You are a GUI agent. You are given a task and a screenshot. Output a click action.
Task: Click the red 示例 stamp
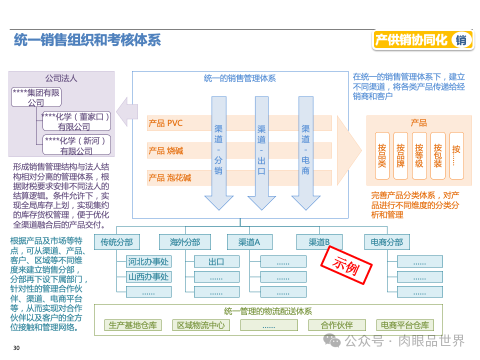(346, 267)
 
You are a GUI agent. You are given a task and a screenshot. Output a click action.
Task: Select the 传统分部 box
(117, 242)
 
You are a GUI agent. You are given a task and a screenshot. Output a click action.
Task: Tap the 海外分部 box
(185, 242)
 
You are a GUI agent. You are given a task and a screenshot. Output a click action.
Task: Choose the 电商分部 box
(387, 242)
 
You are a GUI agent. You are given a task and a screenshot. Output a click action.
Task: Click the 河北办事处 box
(148, 261)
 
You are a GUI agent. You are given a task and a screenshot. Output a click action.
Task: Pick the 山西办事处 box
(148, 276)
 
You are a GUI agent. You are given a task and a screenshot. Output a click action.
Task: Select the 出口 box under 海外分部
(216, 261)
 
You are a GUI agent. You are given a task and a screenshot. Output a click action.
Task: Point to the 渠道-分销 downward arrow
(218, 150)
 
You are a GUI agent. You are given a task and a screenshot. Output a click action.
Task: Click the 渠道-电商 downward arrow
(305, 150)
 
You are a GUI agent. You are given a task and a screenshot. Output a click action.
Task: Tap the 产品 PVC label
(165, 123)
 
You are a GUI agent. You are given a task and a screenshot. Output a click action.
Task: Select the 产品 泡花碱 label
(169, 177)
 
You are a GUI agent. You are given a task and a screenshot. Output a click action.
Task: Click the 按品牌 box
(400, 155)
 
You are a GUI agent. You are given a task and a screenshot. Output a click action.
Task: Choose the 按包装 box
(437, 155)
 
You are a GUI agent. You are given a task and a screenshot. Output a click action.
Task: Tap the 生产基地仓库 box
(133, 325)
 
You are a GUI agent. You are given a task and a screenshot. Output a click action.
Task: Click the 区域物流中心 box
(201, 325)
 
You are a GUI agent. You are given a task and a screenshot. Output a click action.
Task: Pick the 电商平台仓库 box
(405, 325)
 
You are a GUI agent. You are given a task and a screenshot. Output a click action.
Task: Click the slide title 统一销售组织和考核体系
(87, 40)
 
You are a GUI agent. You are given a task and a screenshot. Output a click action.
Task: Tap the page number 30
(16, 348)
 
